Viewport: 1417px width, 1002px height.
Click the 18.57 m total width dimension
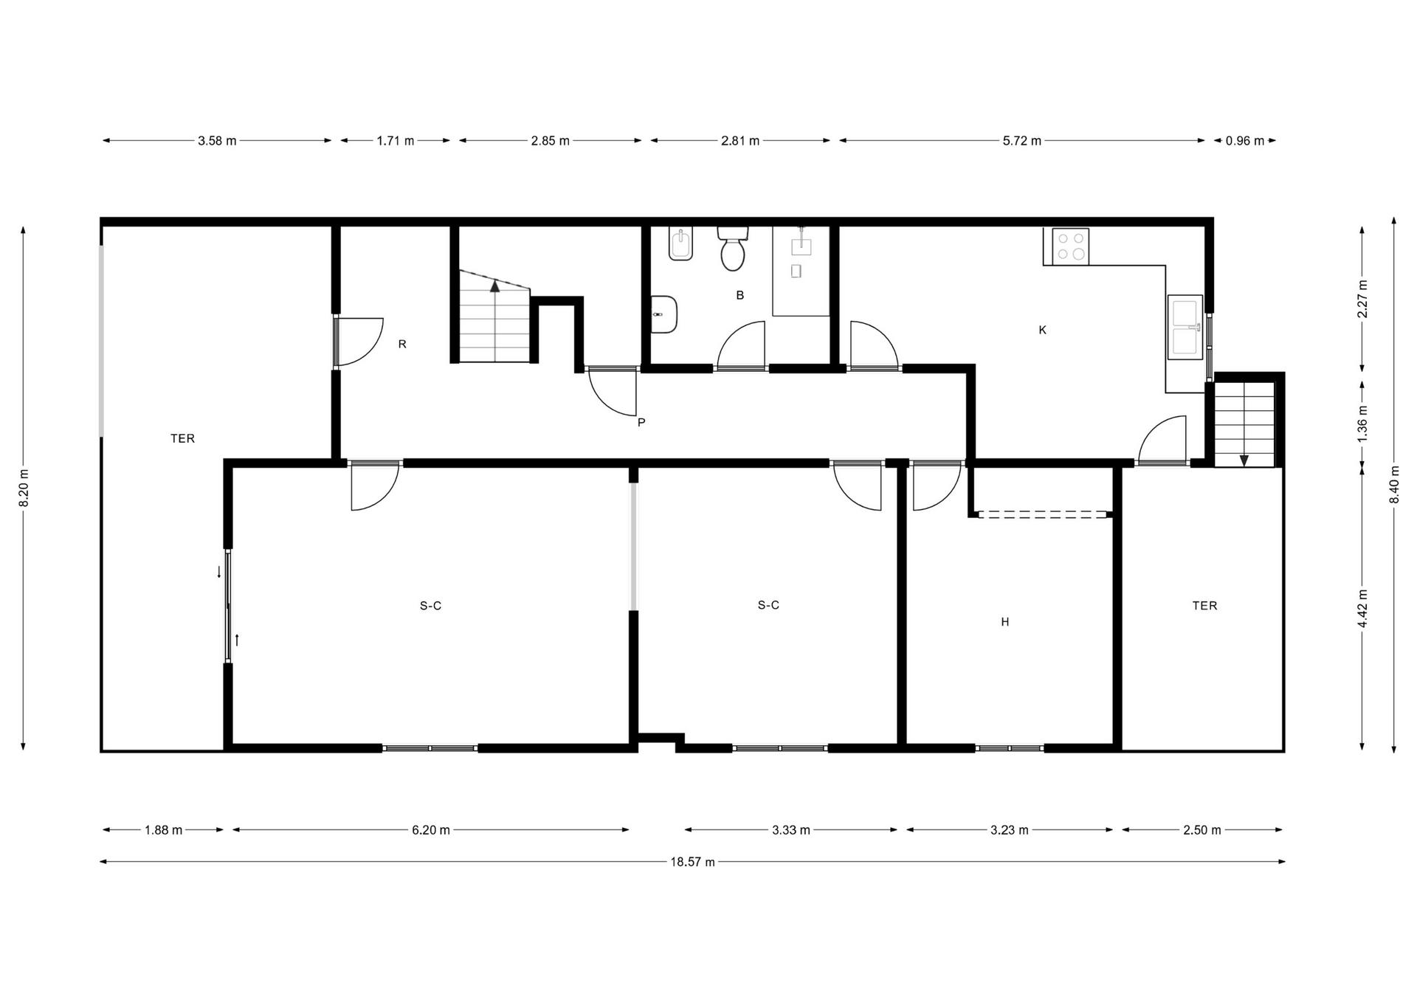coord(692,862)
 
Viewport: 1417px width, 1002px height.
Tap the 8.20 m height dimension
coord(24,488)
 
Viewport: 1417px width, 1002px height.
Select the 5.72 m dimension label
coord(1022,141)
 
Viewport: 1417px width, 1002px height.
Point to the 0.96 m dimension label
coord(1245,141)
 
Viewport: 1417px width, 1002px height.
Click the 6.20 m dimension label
coord(431,830)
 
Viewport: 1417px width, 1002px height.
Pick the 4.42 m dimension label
coord(1362,608)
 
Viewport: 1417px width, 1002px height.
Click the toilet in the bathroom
coord(733,249)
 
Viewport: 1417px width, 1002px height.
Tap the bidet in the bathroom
coord(681,243)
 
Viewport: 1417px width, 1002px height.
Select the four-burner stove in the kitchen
coord(1071,246)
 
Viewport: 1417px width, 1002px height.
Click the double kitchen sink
coord(1185,327)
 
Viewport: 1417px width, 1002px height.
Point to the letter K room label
coord(1043,330)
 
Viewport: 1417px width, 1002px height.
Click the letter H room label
coord(1005,622)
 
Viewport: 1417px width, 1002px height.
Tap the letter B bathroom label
coord(740,295)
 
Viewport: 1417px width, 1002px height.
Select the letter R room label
coord(402,344)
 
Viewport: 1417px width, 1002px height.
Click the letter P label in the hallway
coord(641,423)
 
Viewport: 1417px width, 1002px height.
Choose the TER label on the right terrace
coord(1205,606)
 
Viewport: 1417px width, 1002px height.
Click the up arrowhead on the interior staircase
coord(495,286)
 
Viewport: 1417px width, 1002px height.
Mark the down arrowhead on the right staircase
coord(1244,460)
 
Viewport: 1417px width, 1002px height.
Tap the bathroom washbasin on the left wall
coord(664,314)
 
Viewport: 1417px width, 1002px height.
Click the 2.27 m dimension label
coord(1362,298)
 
